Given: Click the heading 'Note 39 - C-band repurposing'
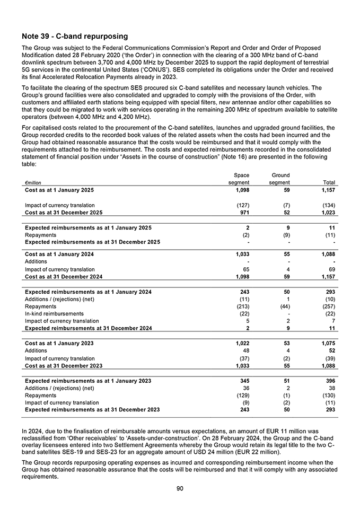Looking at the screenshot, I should click(x=75, y=37).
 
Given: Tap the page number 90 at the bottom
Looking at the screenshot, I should click(x=180, y=488).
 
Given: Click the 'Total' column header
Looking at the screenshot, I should click(x=329, y=183).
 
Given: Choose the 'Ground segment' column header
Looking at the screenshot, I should click(x=279, y=179).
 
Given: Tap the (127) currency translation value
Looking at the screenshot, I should click(x=243, y=205).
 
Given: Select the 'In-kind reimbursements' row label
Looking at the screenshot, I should click(x=54, y=313).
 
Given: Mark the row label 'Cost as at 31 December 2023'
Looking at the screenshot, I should click(x=64, y=365).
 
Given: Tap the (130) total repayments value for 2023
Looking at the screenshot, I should click(x=327, y=395).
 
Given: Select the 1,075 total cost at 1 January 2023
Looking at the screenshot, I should click(x=327, y=343).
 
